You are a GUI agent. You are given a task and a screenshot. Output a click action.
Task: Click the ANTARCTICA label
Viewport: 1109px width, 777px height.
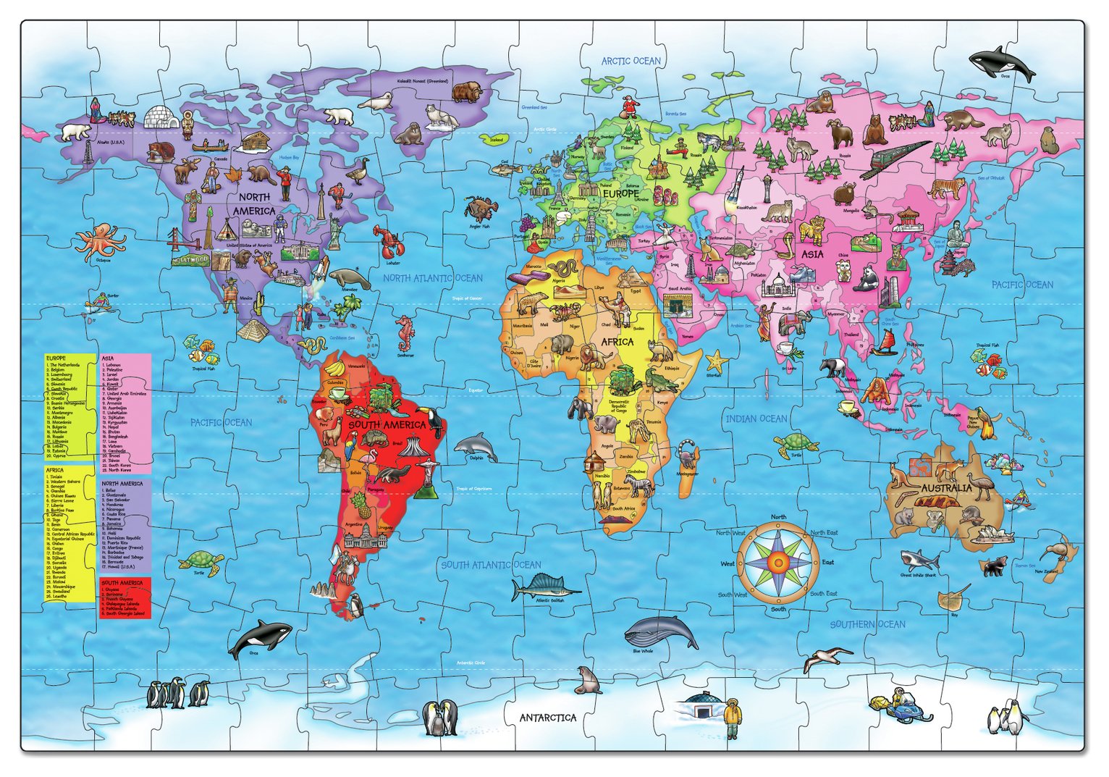(x=548, y=718)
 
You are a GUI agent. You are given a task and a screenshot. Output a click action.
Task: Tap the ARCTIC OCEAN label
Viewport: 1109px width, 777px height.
(x=631, y=61)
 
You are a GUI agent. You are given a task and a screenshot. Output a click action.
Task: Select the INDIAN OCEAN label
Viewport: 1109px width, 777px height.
(x=756, y=419)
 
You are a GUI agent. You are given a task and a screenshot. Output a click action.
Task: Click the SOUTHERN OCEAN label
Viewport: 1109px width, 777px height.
(x=867, y=624)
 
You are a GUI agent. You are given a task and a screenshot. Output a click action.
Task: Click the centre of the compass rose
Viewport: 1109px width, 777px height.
(x=778, y=562)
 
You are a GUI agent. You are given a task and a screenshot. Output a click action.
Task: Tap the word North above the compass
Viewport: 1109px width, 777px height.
(x=778, y=517)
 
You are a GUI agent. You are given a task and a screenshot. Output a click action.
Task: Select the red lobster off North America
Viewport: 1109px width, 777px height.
(x=387, y=243)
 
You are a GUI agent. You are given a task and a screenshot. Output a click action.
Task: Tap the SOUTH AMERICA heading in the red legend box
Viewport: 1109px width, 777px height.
(x=122, y=583)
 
